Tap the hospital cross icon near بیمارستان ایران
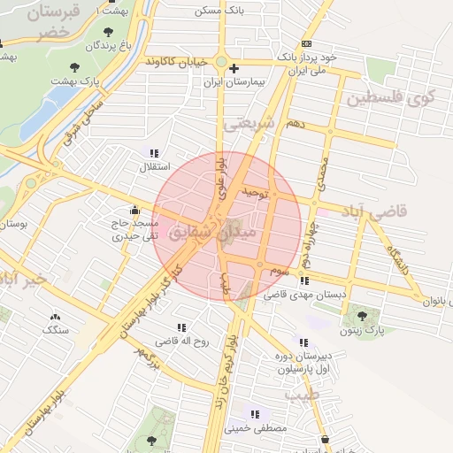(x=234, y=68)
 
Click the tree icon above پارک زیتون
(x=361, y=313)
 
